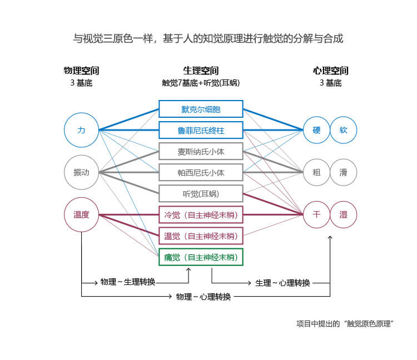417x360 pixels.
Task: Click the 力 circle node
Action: coord(82,130)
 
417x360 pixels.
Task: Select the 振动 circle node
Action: coord(82,172)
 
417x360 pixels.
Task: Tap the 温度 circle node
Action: coord(82,214)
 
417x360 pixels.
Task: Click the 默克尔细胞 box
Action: coord(201,109)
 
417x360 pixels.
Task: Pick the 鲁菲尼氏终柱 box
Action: coord(201,130)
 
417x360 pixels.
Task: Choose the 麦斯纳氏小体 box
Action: coord(201,151)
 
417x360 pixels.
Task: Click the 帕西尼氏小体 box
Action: coord(201,172)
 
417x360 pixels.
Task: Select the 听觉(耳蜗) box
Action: coord(201,193)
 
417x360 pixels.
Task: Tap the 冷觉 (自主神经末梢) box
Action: coord(201,214)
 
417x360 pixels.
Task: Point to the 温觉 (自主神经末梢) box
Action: coord(201,236)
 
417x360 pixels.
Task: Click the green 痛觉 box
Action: coord(201,257)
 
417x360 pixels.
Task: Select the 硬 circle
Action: coord(317,130)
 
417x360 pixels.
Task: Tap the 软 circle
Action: coord(343,130)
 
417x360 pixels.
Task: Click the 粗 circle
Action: coord(317,172)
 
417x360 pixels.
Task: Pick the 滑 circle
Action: coord(343,172)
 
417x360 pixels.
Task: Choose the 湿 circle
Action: coord(343,214)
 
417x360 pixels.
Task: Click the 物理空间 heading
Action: coord(82,71)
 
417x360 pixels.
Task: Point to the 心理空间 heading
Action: coord(330,71)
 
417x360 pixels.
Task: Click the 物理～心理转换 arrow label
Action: coord(203,297)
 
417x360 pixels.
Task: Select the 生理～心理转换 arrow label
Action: coord(282,283)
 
